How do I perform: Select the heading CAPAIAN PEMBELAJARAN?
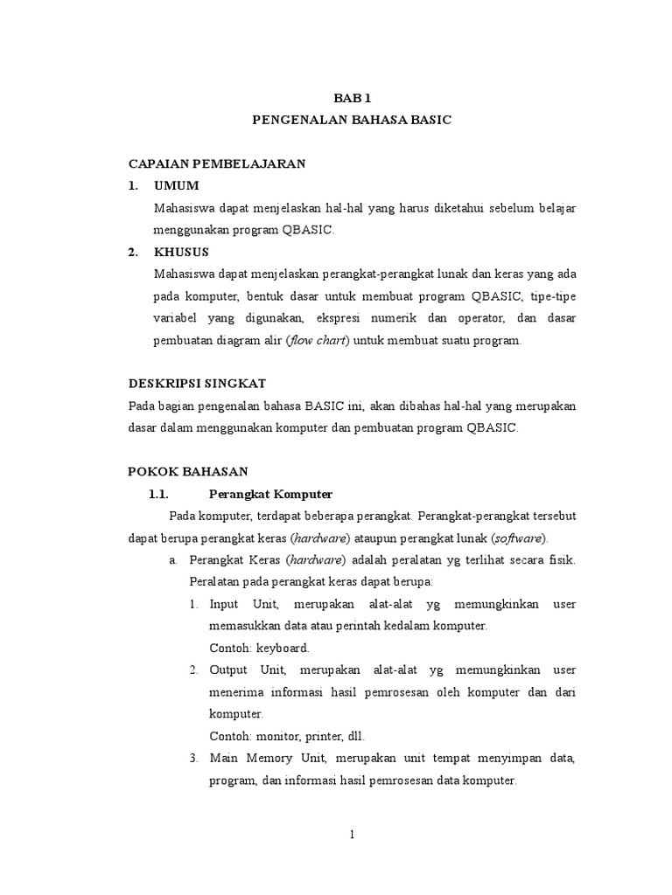click(216, 163)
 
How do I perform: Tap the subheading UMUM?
click(176, 185)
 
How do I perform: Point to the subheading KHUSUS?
click(181, 253)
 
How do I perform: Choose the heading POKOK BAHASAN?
click(188, 471)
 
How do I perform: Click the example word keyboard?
click(281, 649)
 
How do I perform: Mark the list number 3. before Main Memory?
click(193, 758)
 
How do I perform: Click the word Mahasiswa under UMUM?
click(186, 208)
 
